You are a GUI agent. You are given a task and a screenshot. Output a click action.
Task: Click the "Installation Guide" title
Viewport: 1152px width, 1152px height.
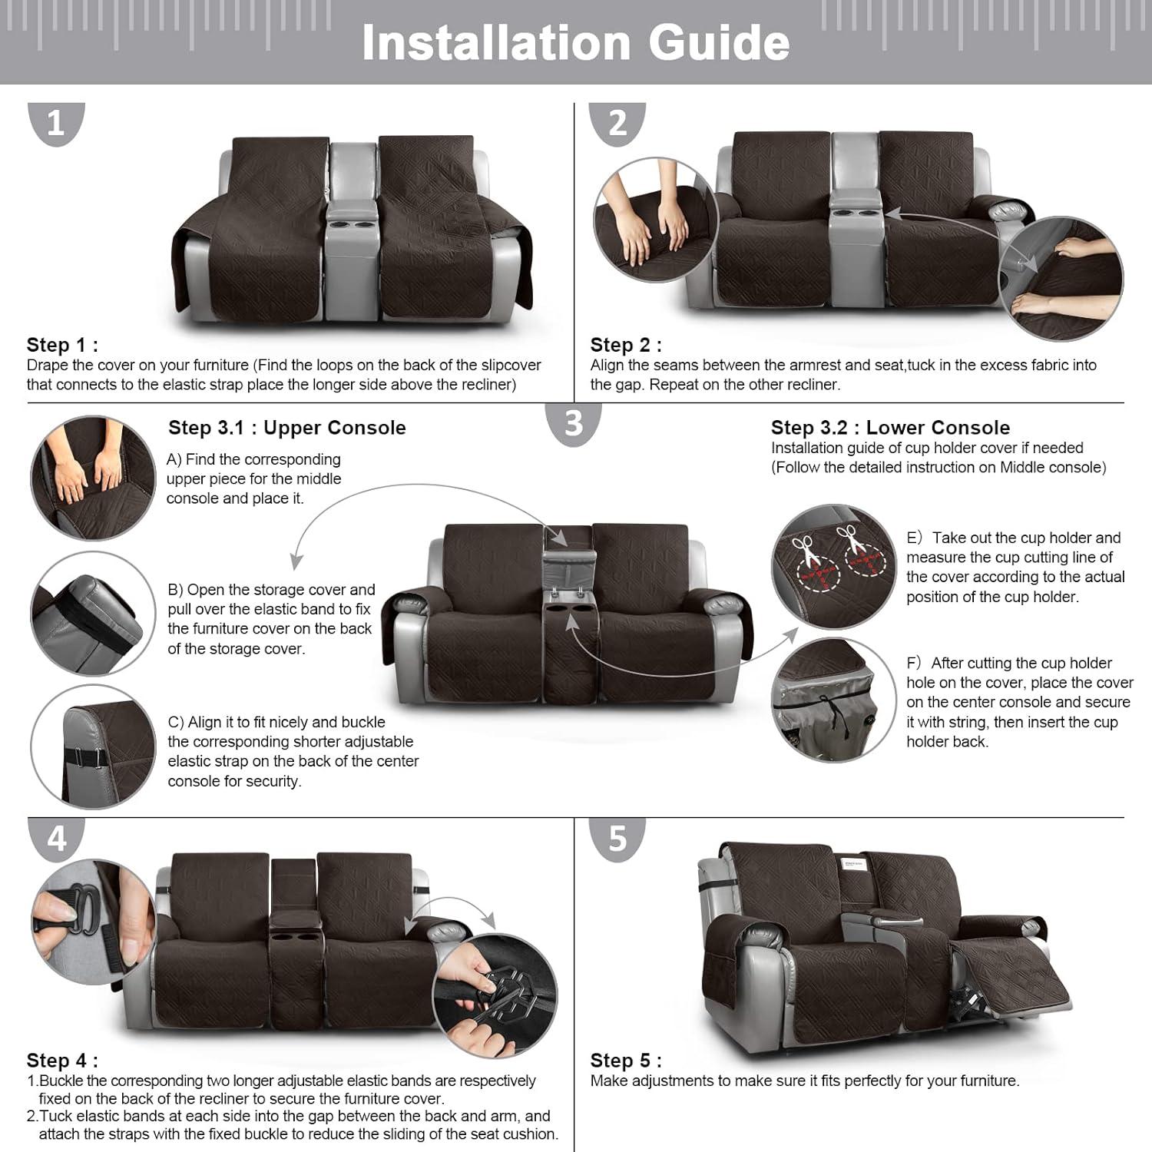(575, 42)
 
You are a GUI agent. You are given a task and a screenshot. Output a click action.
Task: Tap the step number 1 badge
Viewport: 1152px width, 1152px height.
(56, 123)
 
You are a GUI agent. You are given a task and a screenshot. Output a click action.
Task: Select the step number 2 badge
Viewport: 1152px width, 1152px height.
(617, 123)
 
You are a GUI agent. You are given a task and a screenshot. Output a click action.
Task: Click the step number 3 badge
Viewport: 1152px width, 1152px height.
(573, 423)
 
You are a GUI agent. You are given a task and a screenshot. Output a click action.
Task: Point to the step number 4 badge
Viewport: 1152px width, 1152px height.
(56, 839)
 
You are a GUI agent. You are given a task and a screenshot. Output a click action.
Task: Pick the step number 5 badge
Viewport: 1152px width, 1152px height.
(617, 839)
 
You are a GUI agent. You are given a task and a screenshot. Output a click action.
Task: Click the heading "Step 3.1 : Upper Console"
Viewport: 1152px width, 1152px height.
(286, 428)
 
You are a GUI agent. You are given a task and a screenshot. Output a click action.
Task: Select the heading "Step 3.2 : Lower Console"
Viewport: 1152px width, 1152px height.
(890, 428)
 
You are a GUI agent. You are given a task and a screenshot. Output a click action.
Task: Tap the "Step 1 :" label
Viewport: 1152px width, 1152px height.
(62, 345)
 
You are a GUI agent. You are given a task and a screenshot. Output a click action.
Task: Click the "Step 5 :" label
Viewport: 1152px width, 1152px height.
(625, 1061)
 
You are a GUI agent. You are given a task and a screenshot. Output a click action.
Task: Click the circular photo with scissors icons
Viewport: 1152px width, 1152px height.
(833, 566)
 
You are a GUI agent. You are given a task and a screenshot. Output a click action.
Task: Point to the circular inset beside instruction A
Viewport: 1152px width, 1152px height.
(93, 478)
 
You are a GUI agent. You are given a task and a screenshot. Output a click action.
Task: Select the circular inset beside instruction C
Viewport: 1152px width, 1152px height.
(93, 747)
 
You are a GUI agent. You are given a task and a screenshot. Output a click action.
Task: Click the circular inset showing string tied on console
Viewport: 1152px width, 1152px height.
(833, 700)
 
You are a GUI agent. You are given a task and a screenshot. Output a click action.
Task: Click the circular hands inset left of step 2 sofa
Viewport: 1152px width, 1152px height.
(654, 220)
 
